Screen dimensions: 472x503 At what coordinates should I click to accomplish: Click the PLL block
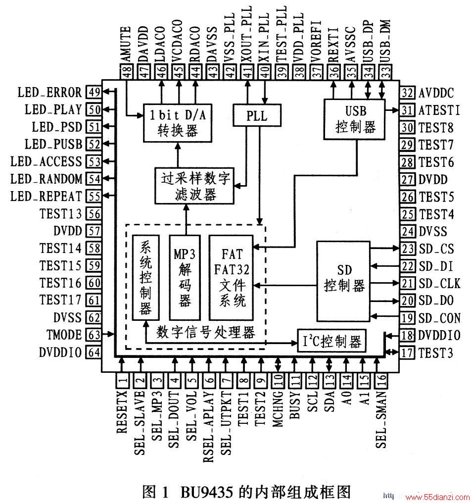(x=257, y=115)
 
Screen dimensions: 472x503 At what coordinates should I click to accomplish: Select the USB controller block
(x=354, y=119)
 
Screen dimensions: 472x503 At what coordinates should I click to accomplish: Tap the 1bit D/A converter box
(x=177, y=123)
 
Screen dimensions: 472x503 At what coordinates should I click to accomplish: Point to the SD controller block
(x=343, y=281)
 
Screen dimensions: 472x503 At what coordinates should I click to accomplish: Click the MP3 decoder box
(x=185, y=277)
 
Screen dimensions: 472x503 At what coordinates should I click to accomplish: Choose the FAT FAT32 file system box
(x=231, y=277)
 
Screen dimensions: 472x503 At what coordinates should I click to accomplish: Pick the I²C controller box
(x=331, y=341)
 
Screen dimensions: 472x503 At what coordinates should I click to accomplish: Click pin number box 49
(x=94, y=93)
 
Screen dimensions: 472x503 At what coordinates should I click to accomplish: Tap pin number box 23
(x=407, y=249)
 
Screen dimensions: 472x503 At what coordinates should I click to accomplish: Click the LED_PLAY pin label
(x=53, y=110)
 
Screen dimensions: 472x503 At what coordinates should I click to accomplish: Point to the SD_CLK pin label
(x=439, y=284)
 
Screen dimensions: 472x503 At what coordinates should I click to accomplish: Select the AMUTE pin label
(x=125, y=44)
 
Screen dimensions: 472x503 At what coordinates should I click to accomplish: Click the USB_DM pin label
(x=385, y=42)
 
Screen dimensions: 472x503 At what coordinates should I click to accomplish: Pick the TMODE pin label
(x=64, y=335)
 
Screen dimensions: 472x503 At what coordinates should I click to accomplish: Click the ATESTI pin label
(x=439, y=110)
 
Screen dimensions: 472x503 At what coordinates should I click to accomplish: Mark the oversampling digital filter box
(x=194, y=186)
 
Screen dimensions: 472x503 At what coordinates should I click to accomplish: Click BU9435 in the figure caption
(x=206, y=492)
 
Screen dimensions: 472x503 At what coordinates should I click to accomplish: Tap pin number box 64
(x=94, y=352)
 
